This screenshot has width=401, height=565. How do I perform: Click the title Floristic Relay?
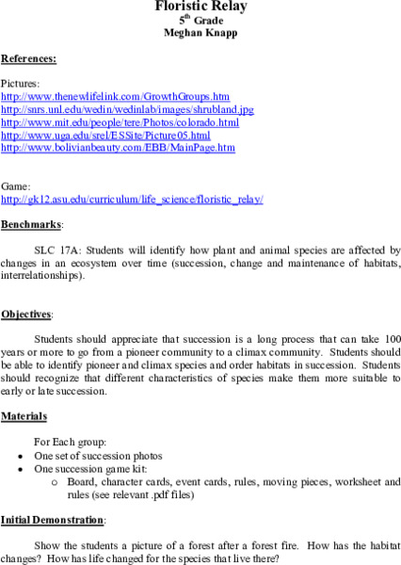click(x=200, y=7)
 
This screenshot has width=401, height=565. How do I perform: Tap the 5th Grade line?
click(x=200, y=19)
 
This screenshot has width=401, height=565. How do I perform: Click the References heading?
click(x=28, y=58)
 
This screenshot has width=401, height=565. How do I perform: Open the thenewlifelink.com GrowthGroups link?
click(x=115, y=96)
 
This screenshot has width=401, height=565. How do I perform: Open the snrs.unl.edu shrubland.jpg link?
click(x=127, y=109)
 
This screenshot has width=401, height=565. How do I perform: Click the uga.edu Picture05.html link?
click(x=104, y=136)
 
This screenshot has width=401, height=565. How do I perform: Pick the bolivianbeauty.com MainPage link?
click(x=118, y=148)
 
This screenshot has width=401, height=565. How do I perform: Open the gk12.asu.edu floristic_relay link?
click(x=132, y=200)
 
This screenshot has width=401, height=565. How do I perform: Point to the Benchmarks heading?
click(x=31, y=225)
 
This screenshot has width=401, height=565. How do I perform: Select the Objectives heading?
click(x=26, y=313)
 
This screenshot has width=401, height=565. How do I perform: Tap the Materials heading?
click(x=24, y=415)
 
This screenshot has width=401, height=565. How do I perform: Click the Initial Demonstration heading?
click(x=52, y=519)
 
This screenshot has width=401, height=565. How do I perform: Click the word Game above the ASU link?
click(x=16, y=186)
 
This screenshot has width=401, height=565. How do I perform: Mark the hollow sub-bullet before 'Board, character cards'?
click(x=56, y=481)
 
